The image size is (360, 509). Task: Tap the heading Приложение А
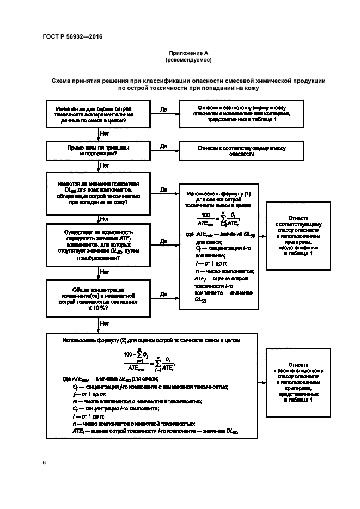tap(188, 53)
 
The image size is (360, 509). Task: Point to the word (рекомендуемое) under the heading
tap(188, 59)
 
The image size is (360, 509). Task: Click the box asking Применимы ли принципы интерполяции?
tap(99, 150)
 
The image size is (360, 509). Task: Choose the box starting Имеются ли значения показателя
tap(99, 193)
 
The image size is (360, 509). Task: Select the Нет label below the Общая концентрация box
tap(105, 323)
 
